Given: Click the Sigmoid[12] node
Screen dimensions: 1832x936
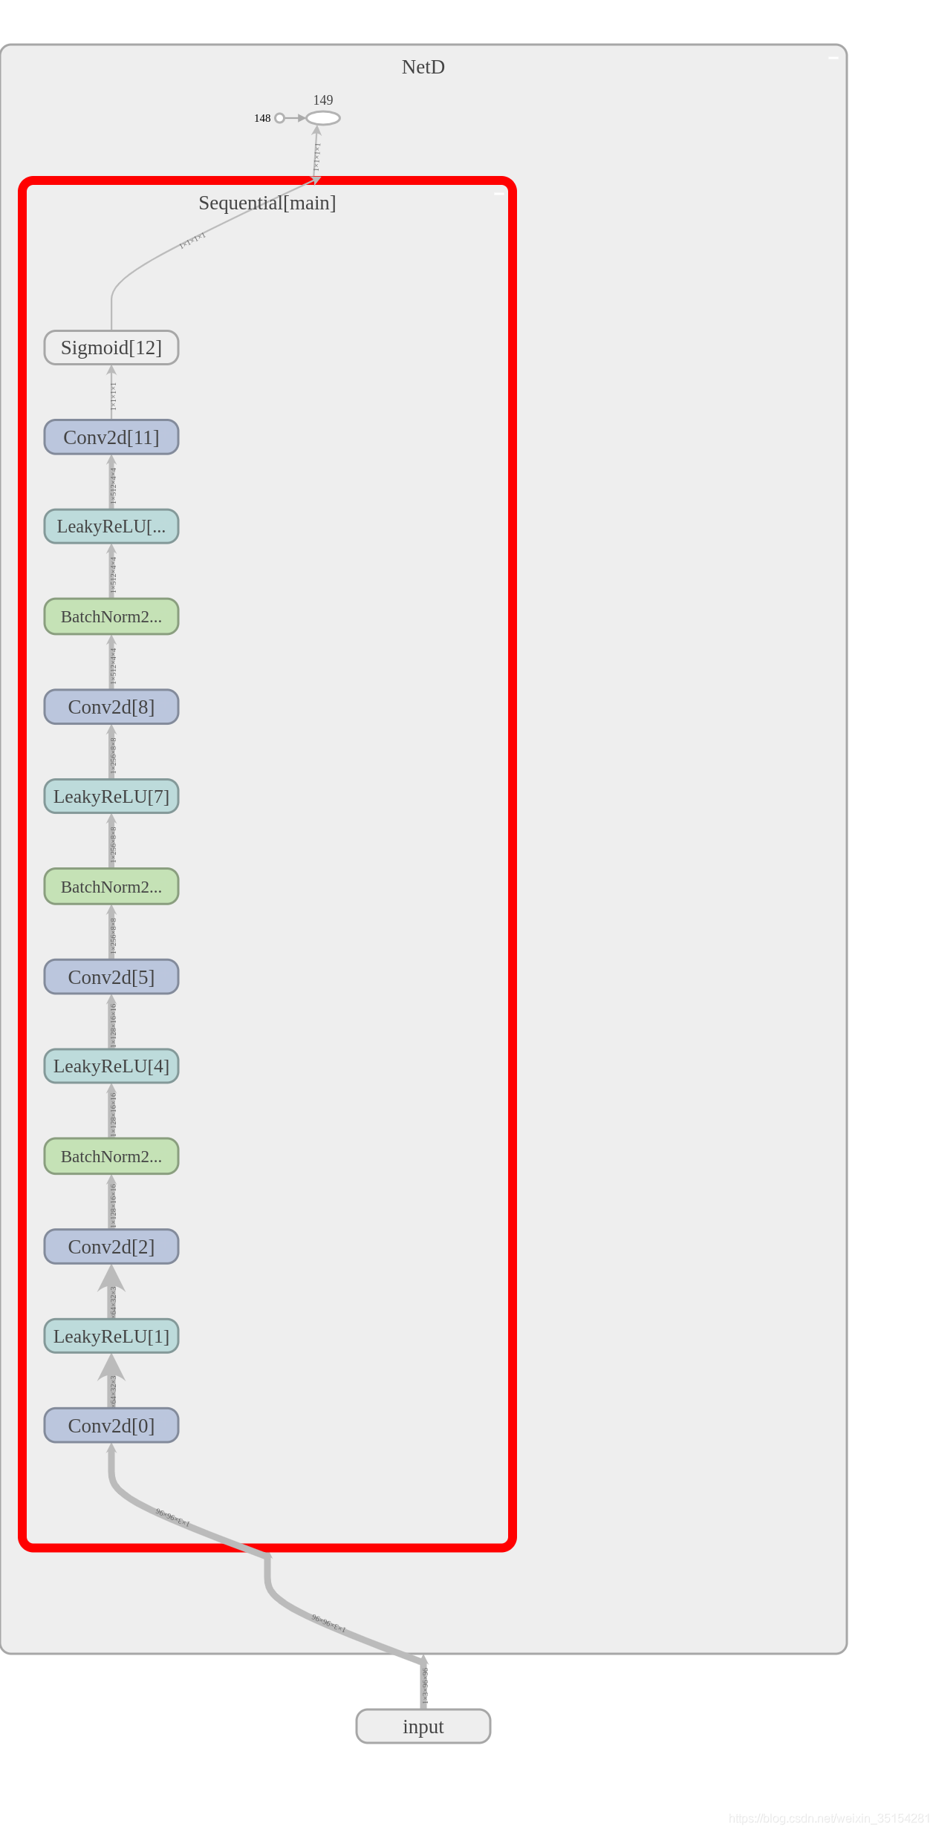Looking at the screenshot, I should tap(111, 348).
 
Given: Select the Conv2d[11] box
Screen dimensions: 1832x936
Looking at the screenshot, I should tap(111, 437).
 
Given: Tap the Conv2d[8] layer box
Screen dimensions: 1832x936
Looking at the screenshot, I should tap(111, 707).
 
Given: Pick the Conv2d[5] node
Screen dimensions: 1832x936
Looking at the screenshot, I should tap(111, 977).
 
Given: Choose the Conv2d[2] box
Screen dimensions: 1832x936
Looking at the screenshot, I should tap(111, 1247).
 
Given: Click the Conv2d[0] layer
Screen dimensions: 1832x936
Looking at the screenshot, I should tap(111, 1426).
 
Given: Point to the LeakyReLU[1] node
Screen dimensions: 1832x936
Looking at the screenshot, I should tap(111, 1337).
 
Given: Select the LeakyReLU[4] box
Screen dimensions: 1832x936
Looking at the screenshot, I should tap(111, 1066).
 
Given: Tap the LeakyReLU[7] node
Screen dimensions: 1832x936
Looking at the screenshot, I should tap(111, 797).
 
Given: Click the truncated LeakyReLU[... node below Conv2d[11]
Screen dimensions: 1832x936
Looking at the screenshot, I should tap(111, 527).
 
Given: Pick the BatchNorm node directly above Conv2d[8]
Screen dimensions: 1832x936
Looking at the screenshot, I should tap(111, 617).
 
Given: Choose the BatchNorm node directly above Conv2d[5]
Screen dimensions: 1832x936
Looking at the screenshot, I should tap(111, 887).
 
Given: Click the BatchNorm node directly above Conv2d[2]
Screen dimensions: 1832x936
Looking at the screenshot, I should tap(111, 1157).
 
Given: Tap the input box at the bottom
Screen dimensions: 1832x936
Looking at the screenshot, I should tap(423, 1727).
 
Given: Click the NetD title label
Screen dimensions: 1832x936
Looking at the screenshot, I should tap(423, 67).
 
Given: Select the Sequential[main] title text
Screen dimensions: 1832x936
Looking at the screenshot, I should tap(267, 203).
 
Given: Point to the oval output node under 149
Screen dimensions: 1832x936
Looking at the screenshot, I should tap(323, 118).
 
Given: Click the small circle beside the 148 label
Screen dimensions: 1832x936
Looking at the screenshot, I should tap(279, 118).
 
